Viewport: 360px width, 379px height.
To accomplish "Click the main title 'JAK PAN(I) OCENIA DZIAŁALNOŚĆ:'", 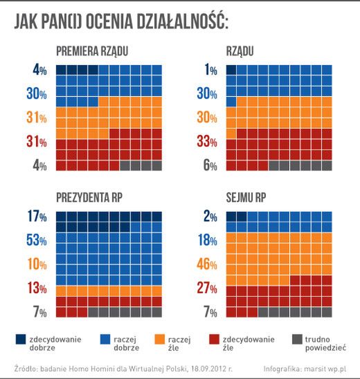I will [121, 22].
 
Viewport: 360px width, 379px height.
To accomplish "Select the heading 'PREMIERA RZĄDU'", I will [91, 52].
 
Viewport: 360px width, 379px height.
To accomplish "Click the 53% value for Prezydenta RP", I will [36, 240].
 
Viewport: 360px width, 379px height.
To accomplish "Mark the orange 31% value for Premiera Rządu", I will [36, 118].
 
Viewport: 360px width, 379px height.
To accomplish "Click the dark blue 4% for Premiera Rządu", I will [39, 70].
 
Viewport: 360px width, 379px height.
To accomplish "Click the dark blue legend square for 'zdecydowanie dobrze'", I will [21, 339].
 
